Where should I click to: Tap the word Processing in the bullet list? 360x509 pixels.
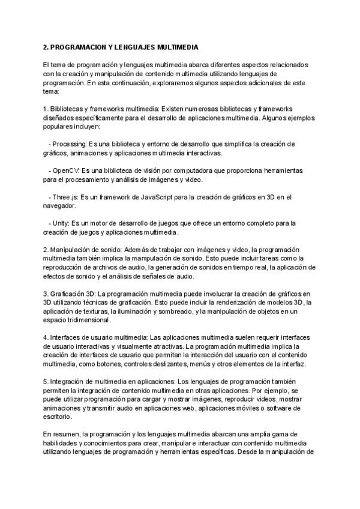(x=70, y=144)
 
